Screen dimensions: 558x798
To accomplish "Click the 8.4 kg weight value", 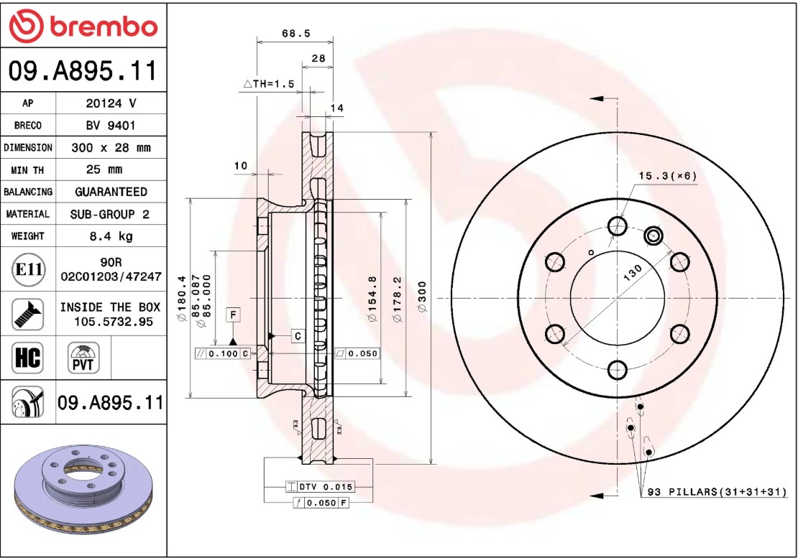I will click(111, 236).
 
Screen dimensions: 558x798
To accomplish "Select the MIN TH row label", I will click(28, 170).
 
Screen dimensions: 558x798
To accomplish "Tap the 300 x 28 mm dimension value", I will click(111, 148).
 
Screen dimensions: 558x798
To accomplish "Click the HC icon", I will click(28, 356).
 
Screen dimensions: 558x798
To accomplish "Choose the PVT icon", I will click(83, 357).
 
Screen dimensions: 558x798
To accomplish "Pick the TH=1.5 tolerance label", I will click(270, 84).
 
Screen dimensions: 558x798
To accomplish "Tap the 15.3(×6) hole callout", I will click(668, 176).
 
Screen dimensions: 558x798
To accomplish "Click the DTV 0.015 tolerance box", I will click(320, 487).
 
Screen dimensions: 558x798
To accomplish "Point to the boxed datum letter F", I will click(232, 314).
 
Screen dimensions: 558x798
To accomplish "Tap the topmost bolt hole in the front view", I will click(617, 226).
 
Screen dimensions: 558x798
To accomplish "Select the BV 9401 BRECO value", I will click(111, 126).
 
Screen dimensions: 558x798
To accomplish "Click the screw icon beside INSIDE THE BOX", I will click(28, 313).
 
